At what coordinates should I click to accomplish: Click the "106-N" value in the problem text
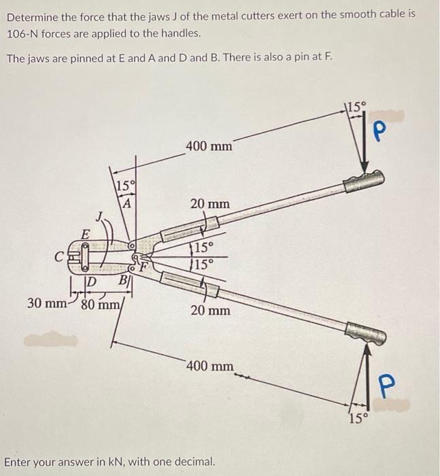[x=24, y=33]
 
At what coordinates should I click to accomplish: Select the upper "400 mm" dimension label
[x=209, y=146]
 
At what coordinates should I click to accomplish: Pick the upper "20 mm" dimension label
[x=209, y=203]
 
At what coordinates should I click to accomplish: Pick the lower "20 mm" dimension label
[x=209, y=310]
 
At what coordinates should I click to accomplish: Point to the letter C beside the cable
[x=61, y=256]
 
